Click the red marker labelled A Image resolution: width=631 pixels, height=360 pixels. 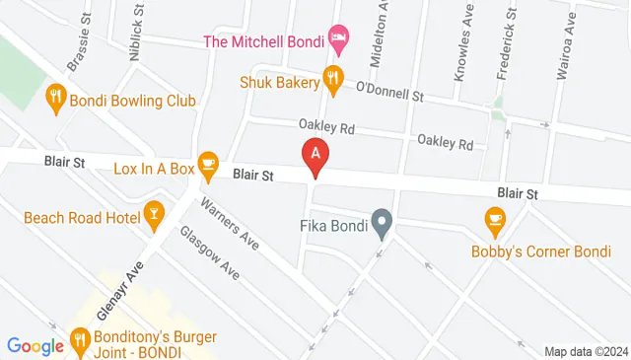point(315,156)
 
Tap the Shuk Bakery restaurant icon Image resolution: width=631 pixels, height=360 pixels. point(334,80)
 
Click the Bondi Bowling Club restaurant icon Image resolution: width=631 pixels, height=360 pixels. point(56,100)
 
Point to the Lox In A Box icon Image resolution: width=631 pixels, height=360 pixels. point(207,163)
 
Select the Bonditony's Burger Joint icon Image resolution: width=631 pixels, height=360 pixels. point(82,341)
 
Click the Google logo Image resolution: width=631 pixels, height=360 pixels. point(35,345)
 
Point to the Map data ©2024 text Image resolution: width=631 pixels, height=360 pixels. point(585,351)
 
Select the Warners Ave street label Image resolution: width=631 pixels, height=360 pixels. point(228,225)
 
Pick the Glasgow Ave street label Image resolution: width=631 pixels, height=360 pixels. point(209,252)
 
